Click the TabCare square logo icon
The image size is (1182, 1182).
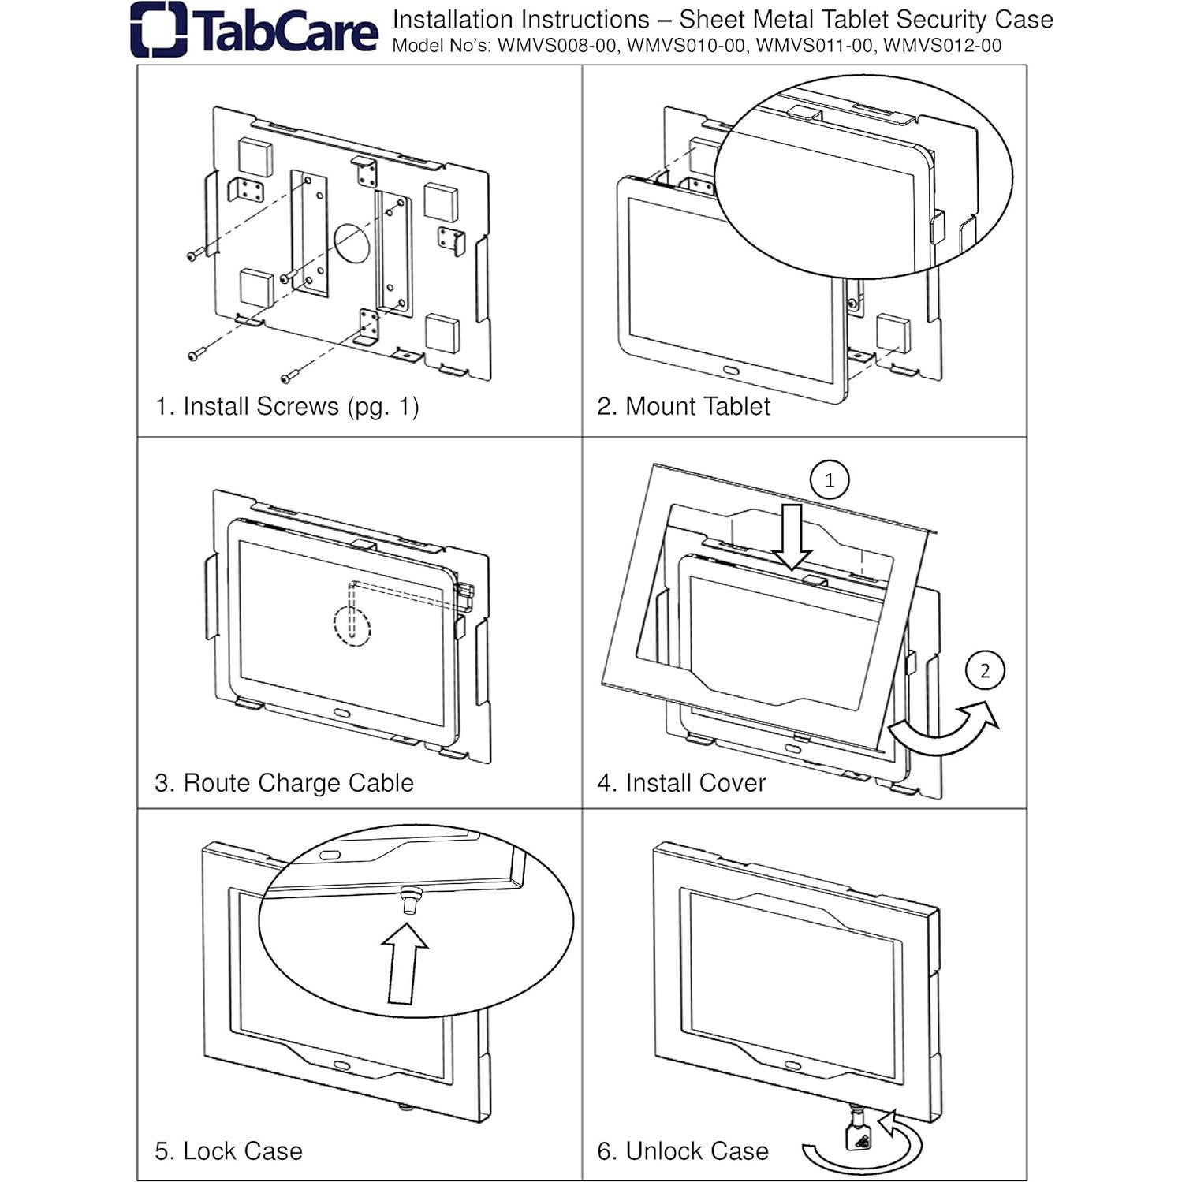pos(158,30)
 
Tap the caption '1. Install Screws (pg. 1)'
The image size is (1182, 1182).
pos(287,406)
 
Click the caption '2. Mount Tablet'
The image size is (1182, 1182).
pos(683,406)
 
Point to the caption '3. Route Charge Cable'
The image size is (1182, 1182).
pos(284,782)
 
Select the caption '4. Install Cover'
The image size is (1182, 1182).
pos(681,782)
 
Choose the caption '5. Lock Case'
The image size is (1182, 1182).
pos(229,1150)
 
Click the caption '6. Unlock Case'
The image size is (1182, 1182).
pos(682,1150)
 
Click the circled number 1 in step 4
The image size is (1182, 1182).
pos(829,480)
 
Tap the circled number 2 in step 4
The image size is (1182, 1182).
pos(984,671)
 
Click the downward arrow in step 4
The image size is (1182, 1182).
pos(792,537)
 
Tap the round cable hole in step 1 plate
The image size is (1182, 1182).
pos(352,243)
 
